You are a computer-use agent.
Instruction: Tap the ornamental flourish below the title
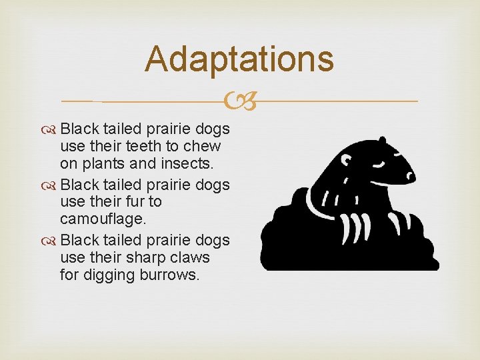point(239,102)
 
